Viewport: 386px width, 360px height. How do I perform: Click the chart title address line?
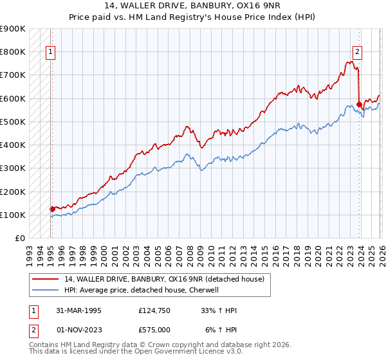[192, 6]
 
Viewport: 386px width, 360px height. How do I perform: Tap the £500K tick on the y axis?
[13, 122]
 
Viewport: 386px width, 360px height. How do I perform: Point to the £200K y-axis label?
[13, 192]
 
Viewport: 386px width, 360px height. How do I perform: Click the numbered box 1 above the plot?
[51, 53]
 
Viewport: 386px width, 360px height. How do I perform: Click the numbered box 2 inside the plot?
[357, 53]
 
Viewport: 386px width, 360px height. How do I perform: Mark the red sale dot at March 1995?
[52, 209]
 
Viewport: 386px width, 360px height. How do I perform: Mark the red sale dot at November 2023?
[359, 104]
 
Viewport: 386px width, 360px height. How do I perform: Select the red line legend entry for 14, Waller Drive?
[167, 279]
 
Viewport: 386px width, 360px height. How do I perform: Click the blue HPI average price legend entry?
[142, 290]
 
